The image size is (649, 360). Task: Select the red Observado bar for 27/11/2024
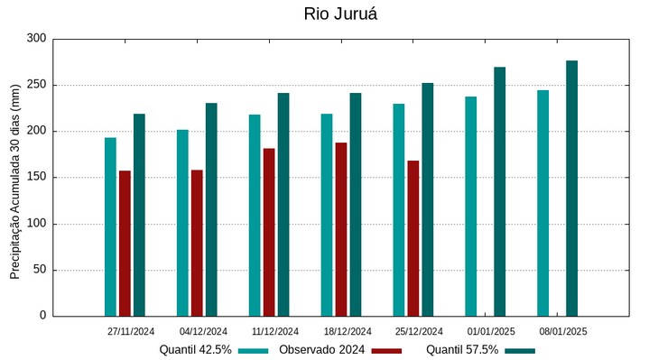pos(125,243)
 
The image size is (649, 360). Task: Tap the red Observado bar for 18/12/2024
pos(341,229)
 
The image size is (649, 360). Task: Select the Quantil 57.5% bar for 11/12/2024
pos(283,204)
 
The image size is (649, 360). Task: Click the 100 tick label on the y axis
pos(36,224)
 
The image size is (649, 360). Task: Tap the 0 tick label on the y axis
pos(42,316)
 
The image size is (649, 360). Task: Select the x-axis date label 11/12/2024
pos(275,331)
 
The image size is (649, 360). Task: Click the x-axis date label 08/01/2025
pos(563,331)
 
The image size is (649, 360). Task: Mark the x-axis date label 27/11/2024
pos(131,331)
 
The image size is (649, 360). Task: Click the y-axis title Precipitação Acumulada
pos(14,190)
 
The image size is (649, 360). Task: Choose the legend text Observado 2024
pos(321,350)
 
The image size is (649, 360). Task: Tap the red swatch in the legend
pos(386,350)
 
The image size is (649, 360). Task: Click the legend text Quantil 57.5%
pos(462,350)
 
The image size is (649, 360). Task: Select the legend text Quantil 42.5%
pos(196,350)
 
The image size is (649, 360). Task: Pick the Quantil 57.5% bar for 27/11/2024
pos(139,215)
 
